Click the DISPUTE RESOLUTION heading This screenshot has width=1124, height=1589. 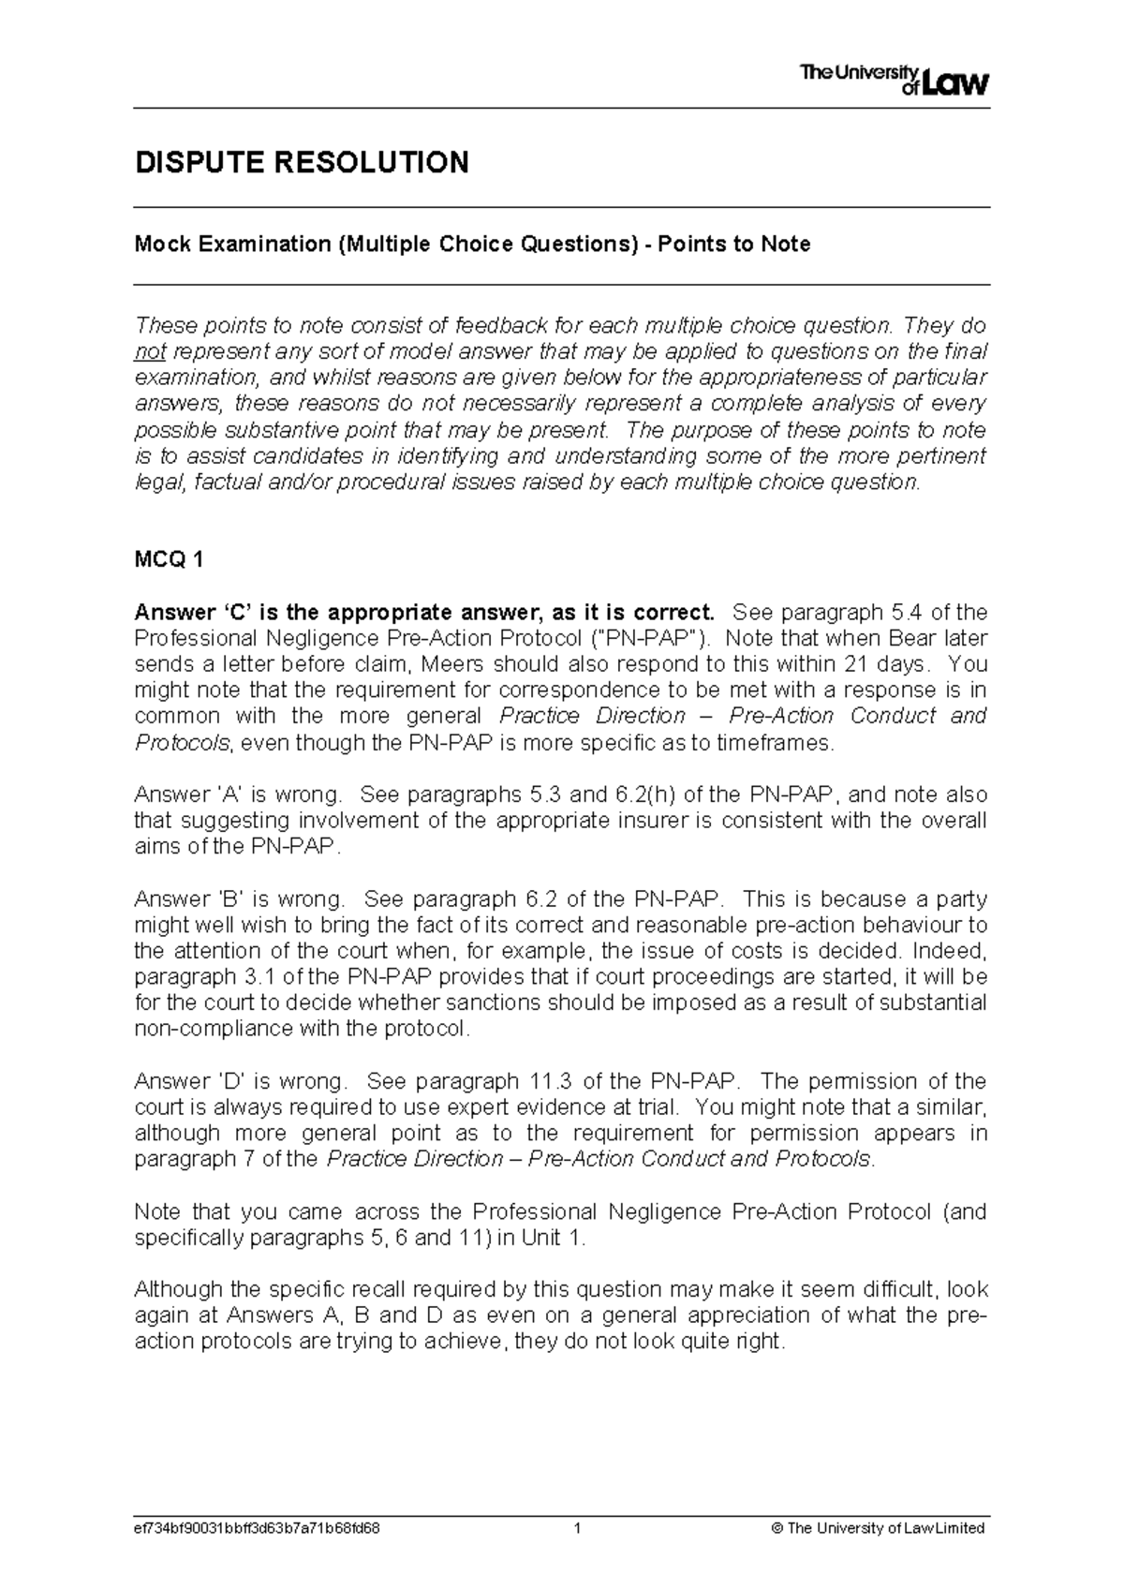tap(302, 162)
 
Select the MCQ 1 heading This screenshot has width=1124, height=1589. tap(169, 560)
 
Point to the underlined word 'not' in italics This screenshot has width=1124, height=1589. tap(150, 352)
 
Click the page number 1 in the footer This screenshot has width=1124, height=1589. tap(578, 1528)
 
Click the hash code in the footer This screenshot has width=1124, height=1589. tap(258, 1528)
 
